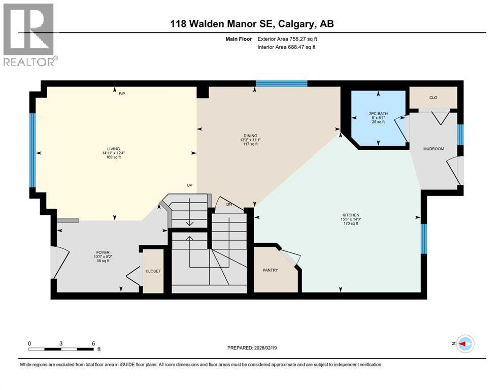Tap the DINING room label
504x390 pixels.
[x=249, y=136]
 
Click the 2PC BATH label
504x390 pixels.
[x=378, y=113]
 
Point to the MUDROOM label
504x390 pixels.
[x=434, y=149]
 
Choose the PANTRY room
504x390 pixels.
[x=271, y=270]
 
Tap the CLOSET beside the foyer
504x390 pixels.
[x=153, y=271]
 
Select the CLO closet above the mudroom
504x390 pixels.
[x=433, y=97]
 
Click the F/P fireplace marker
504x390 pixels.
[x=122, y=94]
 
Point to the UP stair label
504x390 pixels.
[x=190, y=185]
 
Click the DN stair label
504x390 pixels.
[x=229, y=204]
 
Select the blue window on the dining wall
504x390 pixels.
[x=281, y=84]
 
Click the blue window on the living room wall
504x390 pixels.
[x=32, y=150]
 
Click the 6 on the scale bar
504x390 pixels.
[x=93, y=343]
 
